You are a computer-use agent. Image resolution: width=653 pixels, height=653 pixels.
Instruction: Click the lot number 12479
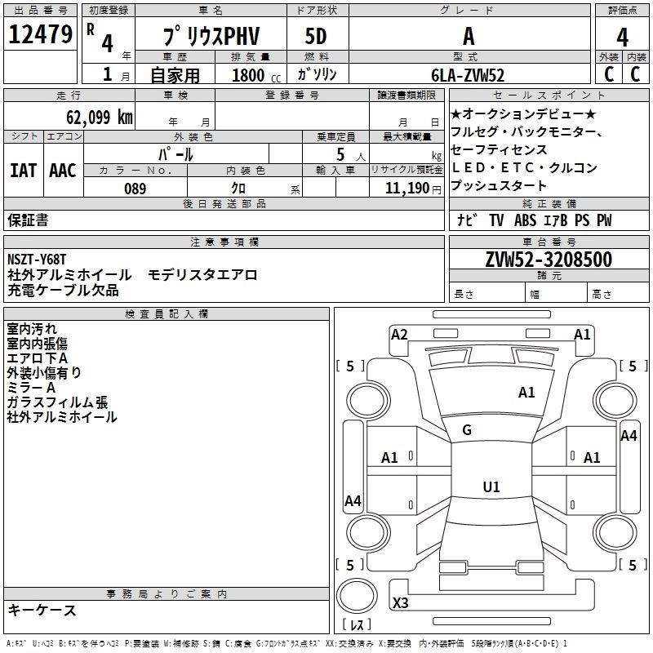point(40,34)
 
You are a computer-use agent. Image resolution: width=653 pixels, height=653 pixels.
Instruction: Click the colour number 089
point(135,189)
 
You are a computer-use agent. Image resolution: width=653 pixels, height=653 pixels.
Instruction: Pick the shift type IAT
point(23,170)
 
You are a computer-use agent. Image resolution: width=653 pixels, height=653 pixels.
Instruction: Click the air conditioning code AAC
point(63,170)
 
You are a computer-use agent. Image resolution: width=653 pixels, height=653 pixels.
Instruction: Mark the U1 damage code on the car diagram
point(491,487)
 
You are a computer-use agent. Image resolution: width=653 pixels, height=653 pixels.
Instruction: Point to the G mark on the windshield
point(467,430)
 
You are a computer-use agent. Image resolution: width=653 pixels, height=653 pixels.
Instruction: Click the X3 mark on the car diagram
point(400,602)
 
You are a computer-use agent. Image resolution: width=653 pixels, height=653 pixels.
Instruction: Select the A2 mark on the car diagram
point(399,334)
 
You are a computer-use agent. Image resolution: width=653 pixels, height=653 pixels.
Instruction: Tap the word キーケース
point(42,610)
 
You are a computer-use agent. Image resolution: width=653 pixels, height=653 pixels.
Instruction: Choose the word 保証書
point(28,220)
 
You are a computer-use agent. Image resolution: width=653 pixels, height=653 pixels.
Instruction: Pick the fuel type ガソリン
point(317,75)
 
